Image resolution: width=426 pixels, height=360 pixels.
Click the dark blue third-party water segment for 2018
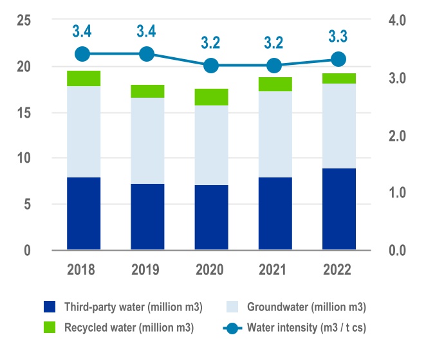tap(83, 213)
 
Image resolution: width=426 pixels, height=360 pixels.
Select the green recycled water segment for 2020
tap(211, 97)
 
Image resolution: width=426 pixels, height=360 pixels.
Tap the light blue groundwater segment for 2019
tap(147, 141)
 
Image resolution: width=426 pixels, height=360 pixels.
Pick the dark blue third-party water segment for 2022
tap(339, 209)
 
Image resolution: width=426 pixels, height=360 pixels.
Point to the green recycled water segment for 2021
tap(275, 84)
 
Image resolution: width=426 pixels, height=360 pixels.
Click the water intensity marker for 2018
tap(82, 54)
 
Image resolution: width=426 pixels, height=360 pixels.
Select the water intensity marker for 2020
tap(210, 66)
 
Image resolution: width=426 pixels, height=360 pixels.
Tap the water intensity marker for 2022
tap(338, 60)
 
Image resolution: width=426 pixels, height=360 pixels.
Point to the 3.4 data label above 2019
tap(147, 30)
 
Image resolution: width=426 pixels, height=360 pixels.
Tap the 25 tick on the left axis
tap(24, 21)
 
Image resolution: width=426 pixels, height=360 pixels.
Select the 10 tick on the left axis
tap(24, 158)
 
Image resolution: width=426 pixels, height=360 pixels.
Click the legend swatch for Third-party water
tap(51, 306)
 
